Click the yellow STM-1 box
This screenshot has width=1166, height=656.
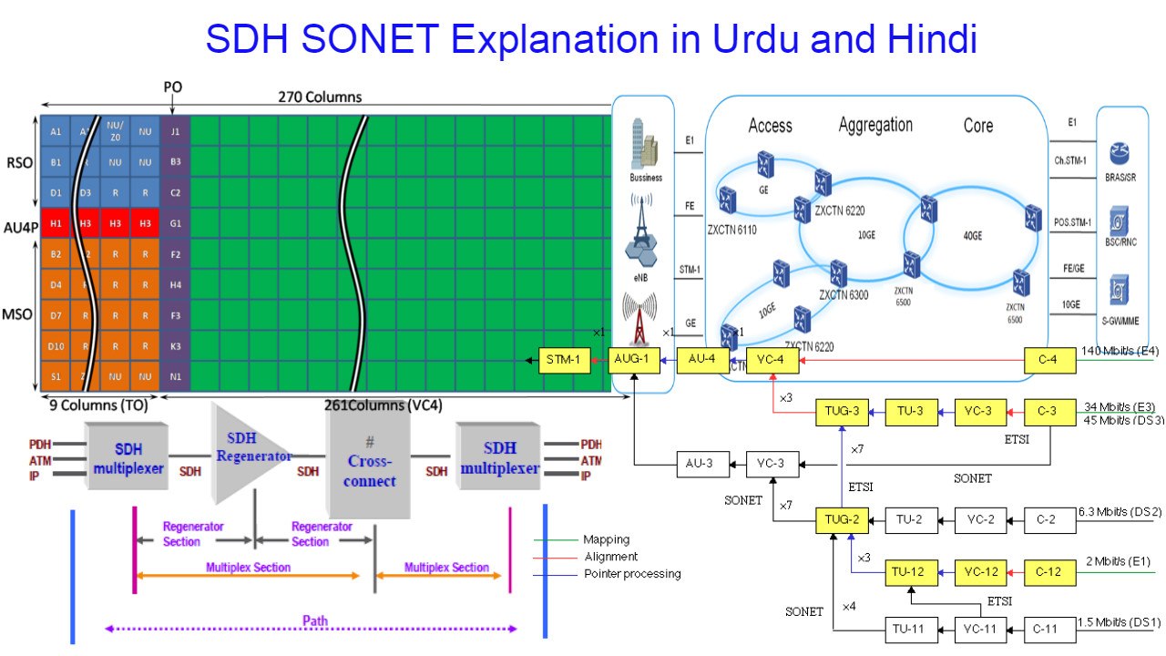coord(564,361)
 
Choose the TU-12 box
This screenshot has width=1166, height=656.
coord(912,573)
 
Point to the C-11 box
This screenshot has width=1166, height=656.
coord(1050,629)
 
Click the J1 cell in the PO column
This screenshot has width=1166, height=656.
coord(175,131)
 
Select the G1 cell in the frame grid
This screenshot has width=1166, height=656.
coord(175,223)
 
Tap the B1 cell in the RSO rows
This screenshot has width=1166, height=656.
coord(56,162)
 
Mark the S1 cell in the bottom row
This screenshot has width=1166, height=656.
coord(56,375)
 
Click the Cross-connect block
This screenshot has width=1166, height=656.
coord(369,461)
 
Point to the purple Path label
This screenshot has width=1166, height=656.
coord(315,620)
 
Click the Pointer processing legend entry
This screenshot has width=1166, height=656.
coord(631,573)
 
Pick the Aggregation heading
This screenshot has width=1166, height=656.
coord(875,125)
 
